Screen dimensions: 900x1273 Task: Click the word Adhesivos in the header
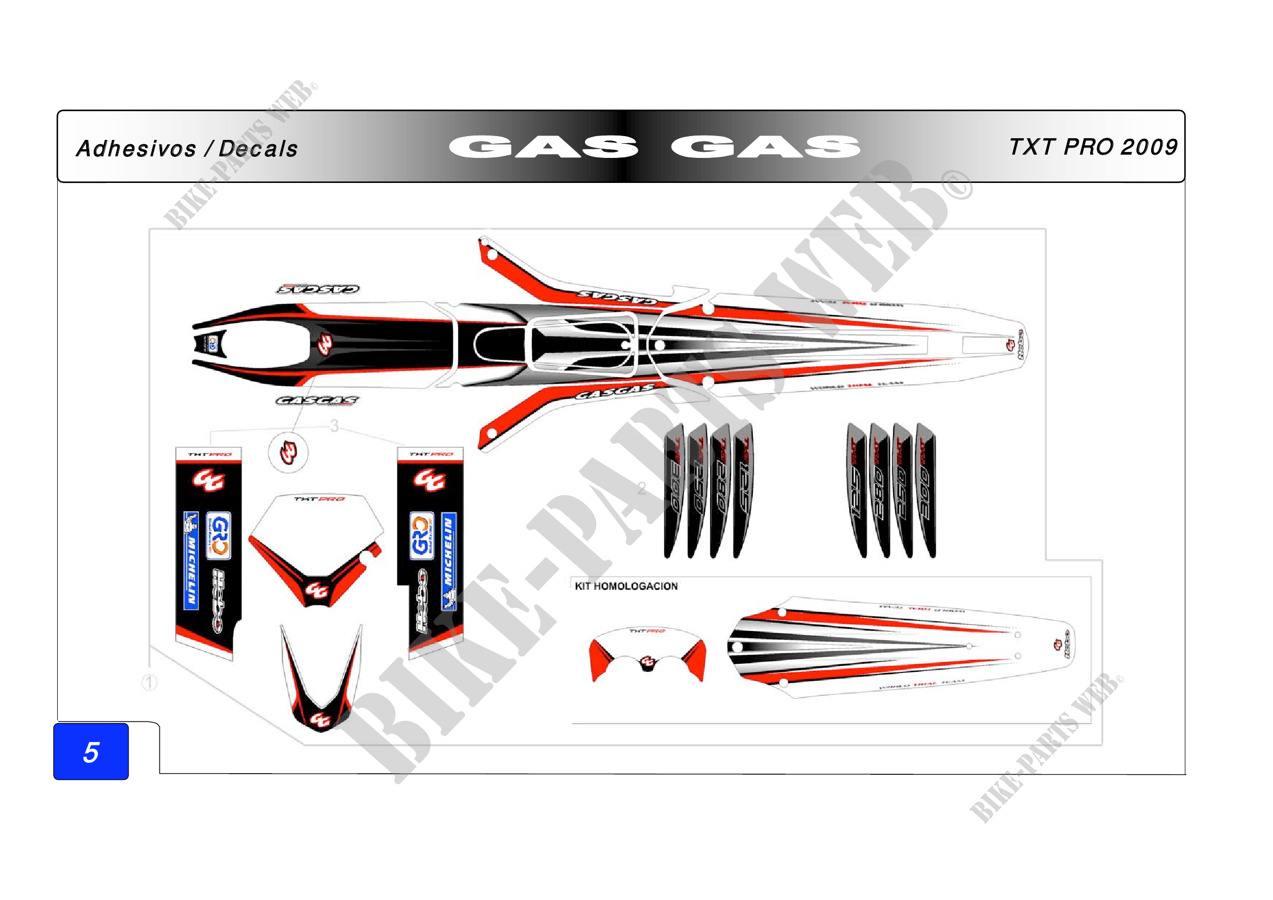136,149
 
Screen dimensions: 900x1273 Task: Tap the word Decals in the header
259,149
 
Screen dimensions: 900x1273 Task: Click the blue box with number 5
91,752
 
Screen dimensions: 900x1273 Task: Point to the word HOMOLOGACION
635,586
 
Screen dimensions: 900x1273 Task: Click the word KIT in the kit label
582,586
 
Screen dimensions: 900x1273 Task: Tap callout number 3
334,426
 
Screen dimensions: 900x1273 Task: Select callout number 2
642,488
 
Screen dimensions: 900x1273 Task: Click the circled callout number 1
150,682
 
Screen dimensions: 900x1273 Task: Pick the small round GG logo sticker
288,452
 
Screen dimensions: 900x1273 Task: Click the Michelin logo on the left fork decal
190,560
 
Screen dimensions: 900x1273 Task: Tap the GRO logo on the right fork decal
421,536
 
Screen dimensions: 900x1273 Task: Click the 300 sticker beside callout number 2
674,491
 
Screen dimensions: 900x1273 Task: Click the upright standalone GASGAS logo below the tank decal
317,400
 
